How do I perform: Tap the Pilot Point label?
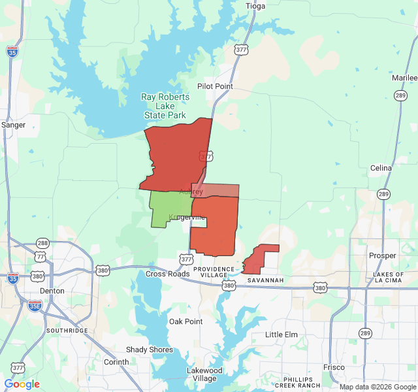215,86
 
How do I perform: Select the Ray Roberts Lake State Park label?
165,106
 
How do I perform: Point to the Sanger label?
13,125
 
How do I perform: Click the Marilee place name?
404,78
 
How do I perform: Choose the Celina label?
381,168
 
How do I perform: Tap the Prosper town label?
382,255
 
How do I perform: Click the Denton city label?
52,291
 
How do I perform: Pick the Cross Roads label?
168,274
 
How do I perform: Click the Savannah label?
265,280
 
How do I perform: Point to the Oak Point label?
185,321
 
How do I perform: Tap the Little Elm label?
281,335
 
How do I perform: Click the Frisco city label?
334,367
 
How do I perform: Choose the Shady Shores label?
150,350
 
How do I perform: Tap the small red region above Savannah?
258,259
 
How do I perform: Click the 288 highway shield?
42,243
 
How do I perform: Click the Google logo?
22,384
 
